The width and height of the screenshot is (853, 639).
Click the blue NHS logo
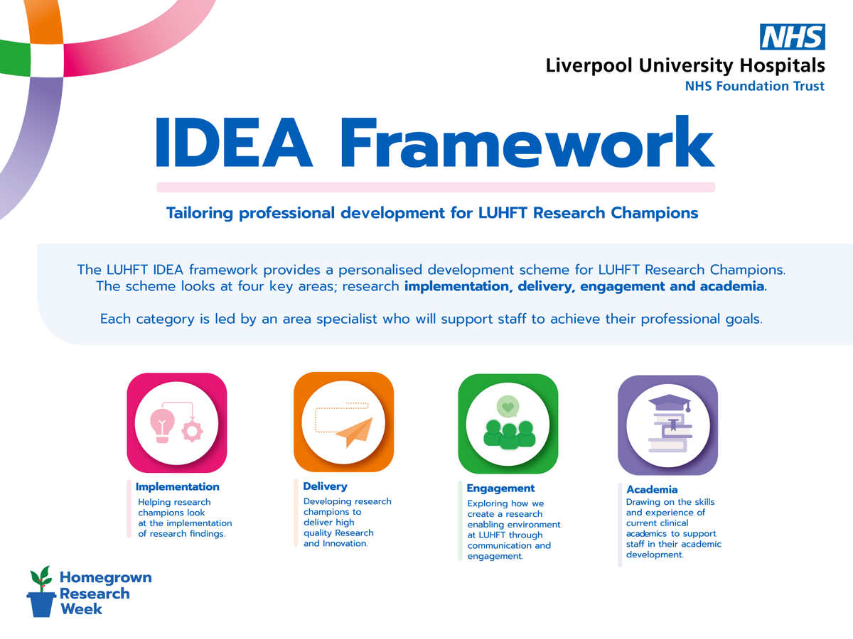pos(793,37)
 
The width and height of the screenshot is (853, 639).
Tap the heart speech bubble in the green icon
pos(507,408)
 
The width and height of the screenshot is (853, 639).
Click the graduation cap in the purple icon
pos(669,404)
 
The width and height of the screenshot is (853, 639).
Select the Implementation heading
pos(177,487)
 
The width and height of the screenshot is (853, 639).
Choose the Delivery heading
pos(325,486)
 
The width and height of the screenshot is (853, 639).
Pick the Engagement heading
pos(500,488)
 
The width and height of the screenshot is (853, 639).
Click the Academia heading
pos(652,489)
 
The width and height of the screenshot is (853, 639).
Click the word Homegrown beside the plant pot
pos(105,578)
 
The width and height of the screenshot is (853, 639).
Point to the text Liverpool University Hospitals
pos(685,67)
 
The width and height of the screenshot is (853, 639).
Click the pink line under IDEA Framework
pos(435,187)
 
